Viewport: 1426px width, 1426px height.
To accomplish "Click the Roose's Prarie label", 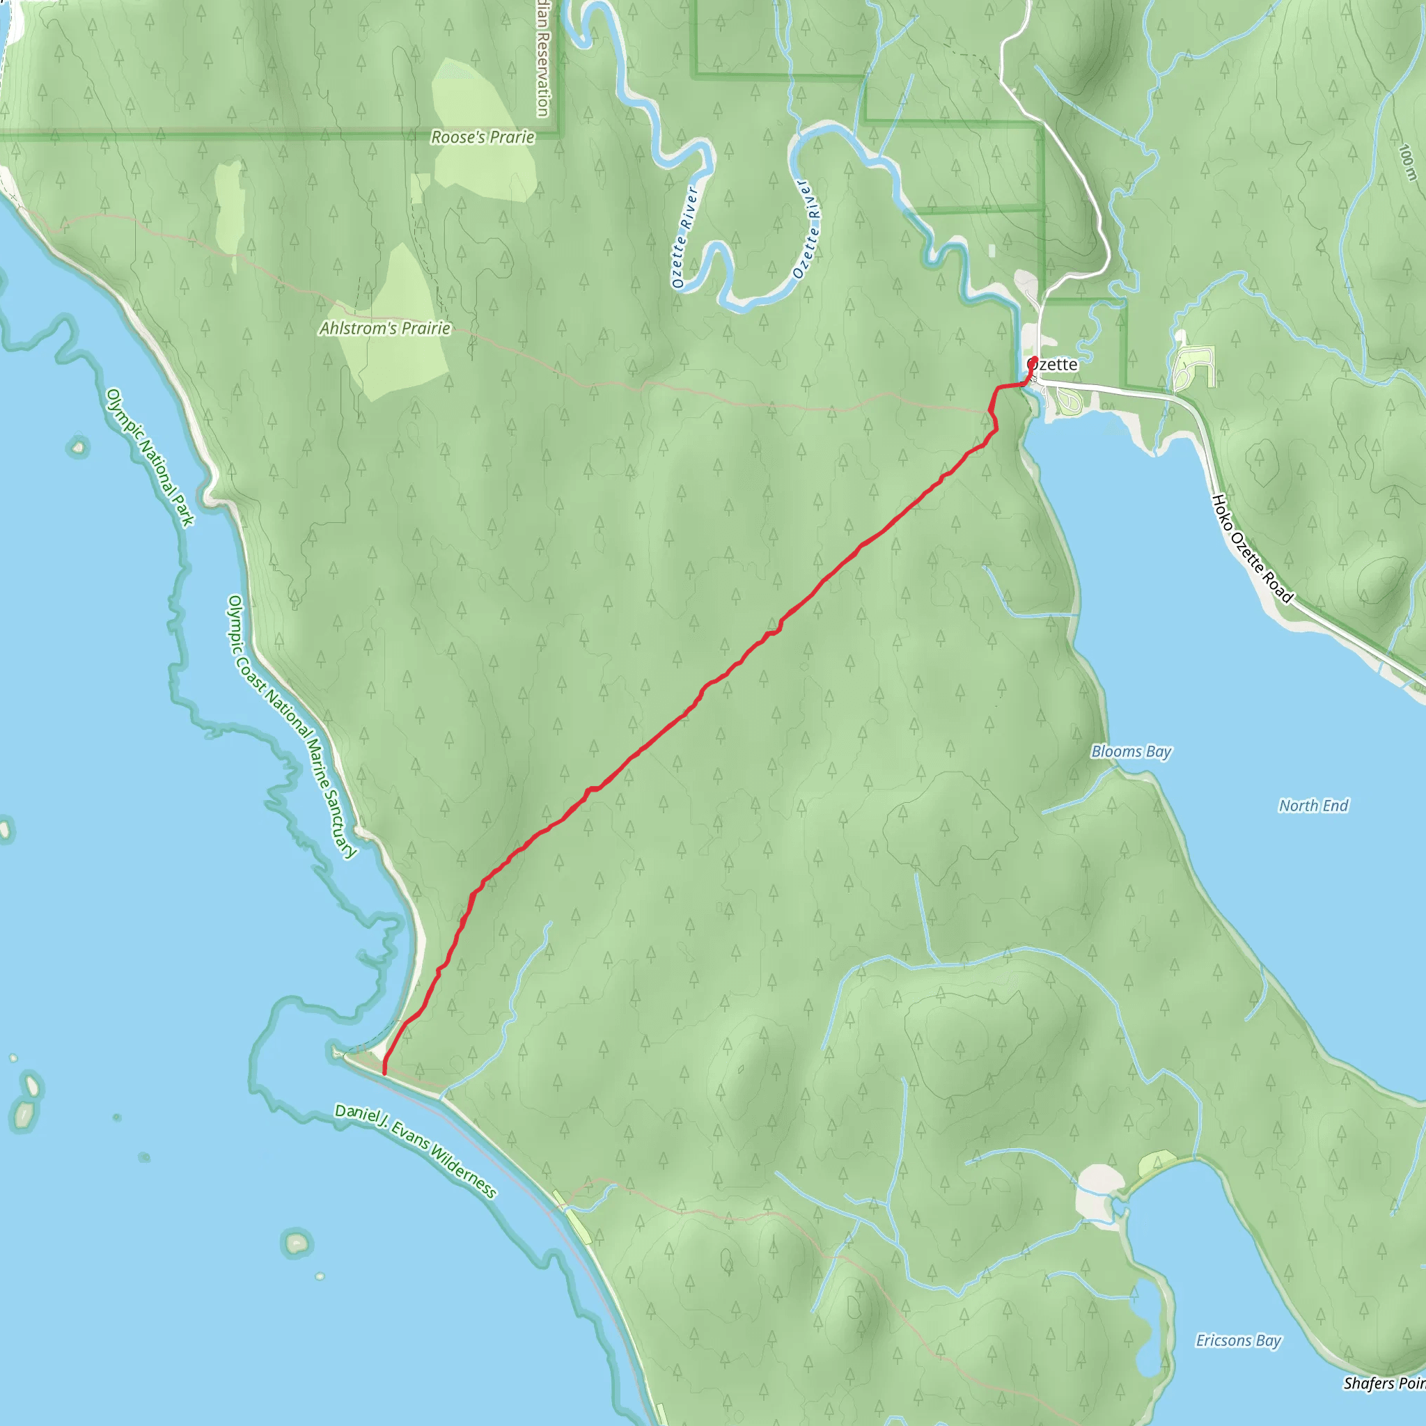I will click(482, 137).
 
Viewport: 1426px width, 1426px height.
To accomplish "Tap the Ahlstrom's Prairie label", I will click(384, 329).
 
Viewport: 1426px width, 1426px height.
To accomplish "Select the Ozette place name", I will click(1054, 365).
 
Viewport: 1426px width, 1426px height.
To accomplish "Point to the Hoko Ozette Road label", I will click(1252, 549).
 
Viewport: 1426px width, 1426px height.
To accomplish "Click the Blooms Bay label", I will click(1131, 751).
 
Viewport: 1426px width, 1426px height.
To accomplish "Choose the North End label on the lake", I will click(1313, 806).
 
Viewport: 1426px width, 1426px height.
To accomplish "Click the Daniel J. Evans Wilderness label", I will click(416, 1150).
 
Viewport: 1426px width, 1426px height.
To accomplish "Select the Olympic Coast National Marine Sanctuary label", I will click(292, 727).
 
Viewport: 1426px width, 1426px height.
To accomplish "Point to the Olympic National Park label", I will click(150, 457).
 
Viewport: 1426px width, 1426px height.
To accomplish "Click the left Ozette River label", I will click(684, 236).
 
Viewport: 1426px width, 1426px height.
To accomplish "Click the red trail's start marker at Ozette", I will click(1033, 361).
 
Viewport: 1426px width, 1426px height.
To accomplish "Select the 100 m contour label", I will click(1407, 162).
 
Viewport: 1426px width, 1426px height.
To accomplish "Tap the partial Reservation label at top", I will click(542, 59).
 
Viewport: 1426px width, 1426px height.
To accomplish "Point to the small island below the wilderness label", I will click(297, 1243).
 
